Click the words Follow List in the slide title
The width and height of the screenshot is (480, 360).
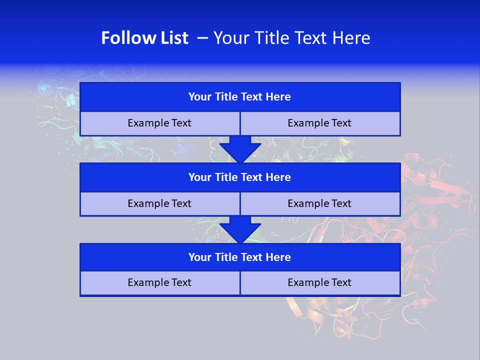pyautogui.click(x=144, y=38)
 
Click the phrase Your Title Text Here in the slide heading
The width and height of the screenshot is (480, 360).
pyautogui.click(x=291, y=38)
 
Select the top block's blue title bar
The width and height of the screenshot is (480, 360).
pyautogui.click(x=240, y=97)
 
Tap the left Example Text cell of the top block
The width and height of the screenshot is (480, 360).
pyautogui.click(x=159, y=123)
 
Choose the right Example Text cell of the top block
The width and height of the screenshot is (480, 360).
pyautogui.click(x=319, y=123)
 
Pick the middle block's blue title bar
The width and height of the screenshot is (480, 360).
pyautogui.click(x=240, y=177)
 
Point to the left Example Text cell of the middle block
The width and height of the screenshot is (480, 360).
pyautogui.click(x=159, y=203)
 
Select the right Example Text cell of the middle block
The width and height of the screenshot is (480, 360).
pyautogui.click(x=319, y=203)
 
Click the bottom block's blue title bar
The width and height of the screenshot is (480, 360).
pyautogui.click(x=240, y=257)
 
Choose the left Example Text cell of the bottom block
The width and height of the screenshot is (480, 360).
pyautogui.click(x=159, y=282)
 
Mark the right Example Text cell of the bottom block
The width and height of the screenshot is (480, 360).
pyautogui.click(x=319, y=282)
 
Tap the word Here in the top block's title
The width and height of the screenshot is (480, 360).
pyautogui.click(x=278, y=97)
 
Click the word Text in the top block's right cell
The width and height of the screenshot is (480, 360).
pyautogui.click(x=341, y=123)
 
